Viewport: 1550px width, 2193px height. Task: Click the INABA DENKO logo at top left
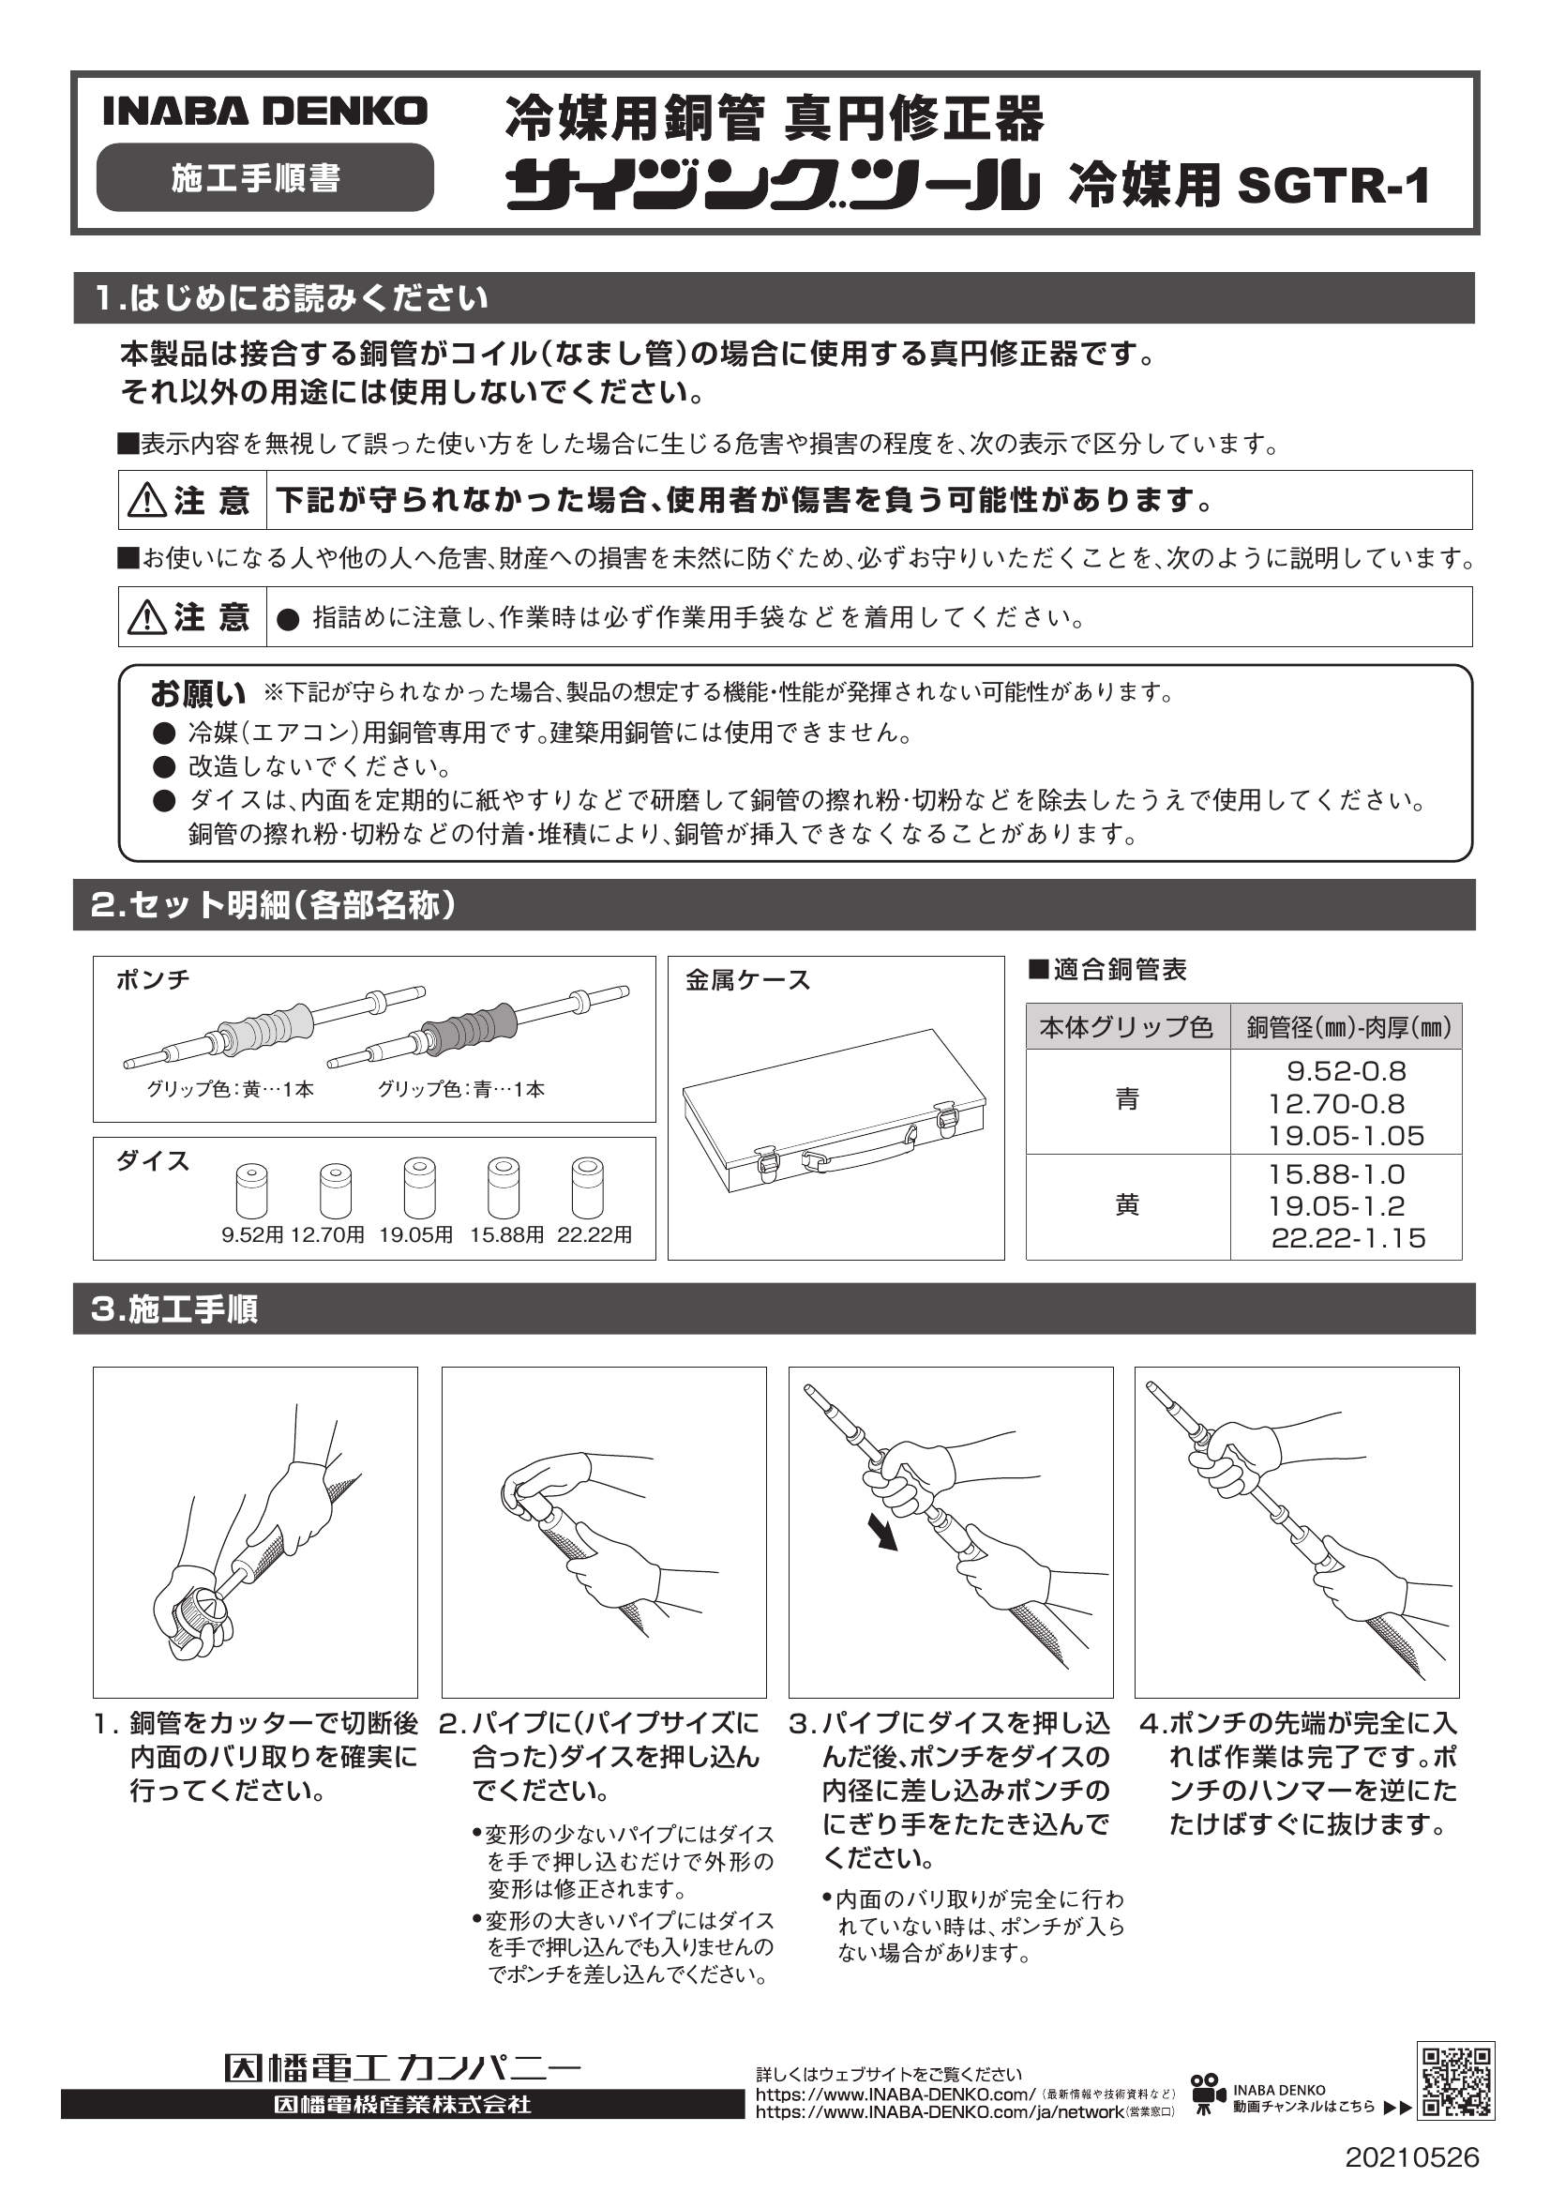(264, 112)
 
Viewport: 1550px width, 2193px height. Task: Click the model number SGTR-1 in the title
(1333, 186)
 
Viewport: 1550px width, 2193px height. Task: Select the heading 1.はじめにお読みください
(292, 299)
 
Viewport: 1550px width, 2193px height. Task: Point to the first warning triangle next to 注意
(147, 501)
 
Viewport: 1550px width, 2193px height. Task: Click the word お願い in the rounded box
(197, 692)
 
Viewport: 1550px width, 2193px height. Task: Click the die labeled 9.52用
(251, 1190)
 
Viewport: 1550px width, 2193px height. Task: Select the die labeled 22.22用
(588, 1187)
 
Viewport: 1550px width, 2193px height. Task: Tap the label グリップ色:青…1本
(461, 1089)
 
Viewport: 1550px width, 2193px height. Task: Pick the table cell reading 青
(1127, 1100)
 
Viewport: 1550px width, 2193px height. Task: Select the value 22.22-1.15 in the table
(1347, 1239)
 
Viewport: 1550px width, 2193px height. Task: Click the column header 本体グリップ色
(1127, 1028)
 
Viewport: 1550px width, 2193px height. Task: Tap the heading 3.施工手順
(174, 1308)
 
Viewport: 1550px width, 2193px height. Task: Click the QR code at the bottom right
(1454, 2081)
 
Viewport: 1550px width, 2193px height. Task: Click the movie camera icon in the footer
(1207, 2091)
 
